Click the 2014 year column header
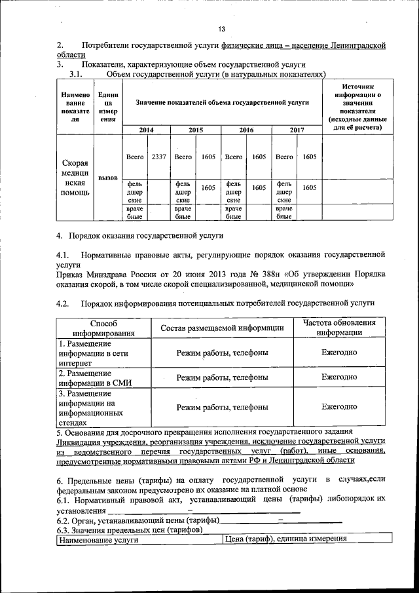click(x=146, y=130)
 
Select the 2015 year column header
click(x=196, y=130)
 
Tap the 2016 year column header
click(x=246, y=130)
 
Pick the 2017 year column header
click(x=297, y=130)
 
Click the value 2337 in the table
click(x=158, y=157)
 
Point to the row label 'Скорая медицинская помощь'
click(x=76, y=177)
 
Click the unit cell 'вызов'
click(x=108, y=178)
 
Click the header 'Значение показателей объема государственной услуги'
click(x=223, y=103)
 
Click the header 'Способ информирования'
click(x=103, y=328)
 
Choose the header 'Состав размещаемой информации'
click(x=222, y=328)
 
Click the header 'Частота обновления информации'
click(x=339, y=328)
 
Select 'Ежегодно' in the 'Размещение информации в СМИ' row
click(x=339, y=377)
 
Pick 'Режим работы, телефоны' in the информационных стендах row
click(x=222, y=407)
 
